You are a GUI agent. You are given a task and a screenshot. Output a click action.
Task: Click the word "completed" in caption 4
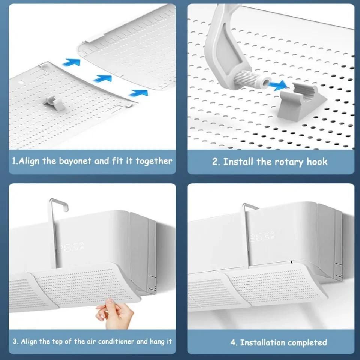pyautogui.click(x=306, y=342)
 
